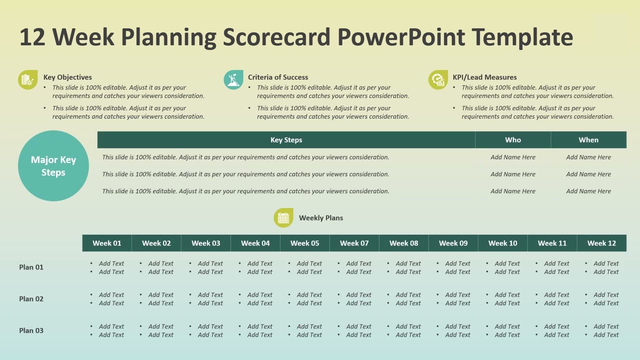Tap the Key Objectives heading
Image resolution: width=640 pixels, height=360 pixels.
[67, 77]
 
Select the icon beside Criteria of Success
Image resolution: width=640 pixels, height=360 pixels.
[233, 80]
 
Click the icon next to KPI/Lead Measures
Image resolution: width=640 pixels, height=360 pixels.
[438, 80]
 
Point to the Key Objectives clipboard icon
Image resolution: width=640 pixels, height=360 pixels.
[27, 80]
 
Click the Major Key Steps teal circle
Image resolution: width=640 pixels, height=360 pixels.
[53, 166]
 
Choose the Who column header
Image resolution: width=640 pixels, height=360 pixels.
[513, 140]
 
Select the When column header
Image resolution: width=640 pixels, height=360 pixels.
[588, 140]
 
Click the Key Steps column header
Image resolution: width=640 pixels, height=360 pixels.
[286, 140]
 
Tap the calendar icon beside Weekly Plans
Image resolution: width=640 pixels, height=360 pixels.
[283, 218]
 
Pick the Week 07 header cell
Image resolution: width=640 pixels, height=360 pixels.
[354, 243]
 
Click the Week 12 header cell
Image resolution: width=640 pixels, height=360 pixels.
[601, 243]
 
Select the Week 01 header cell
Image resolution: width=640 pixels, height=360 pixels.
[107, 243]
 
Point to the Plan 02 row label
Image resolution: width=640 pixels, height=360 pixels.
[31, 299]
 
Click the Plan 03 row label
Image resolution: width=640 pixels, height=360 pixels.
[31, 330]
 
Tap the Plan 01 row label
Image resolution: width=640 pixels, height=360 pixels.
[31, 267]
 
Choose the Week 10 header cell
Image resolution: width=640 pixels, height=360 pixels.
[502, 243]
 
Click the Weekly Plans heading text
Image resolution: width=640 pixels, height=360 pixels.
[321, 218]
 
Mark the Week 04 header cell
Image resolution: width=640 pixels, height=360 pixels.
[255, 243]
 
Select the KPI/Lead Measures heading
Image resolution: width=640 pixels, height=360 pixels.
[484, 77]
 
